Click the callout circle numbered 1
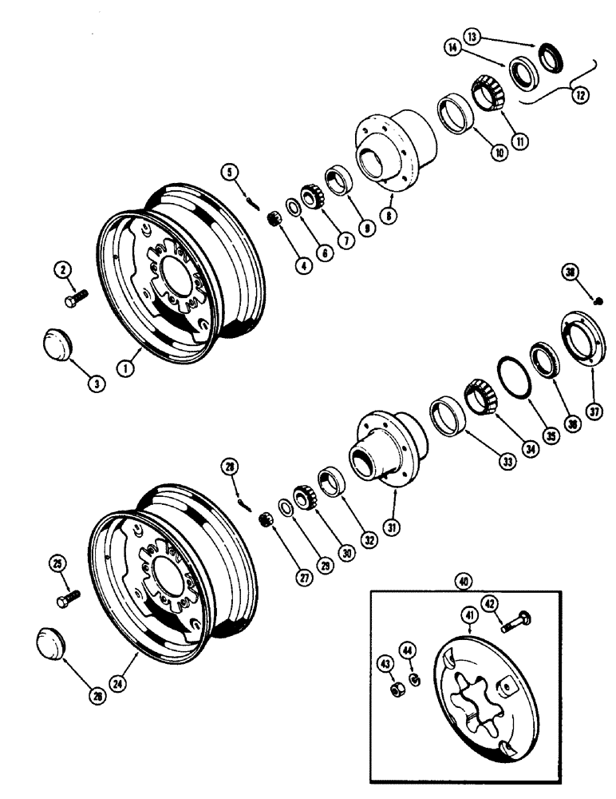[x=124, y=368]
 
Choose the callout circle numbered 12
[x=579, y=94]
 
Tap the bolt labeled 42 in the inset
[x=515, y=621]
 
